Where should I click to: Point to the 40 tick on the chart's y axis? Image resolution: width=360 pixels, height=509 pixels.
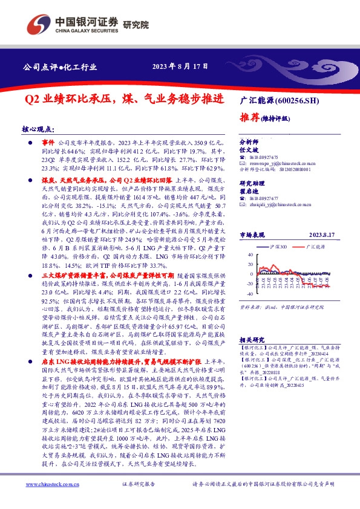tap(249, 255)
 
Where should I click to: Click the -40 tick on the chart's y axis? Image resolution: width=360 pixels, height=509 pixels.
tap(249, 294)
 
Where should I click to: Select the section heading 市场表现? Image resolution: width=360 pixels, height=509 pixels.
tap(252, 235)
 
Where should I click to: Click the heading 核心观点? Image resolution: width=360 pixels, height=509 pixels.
tap(38, 129)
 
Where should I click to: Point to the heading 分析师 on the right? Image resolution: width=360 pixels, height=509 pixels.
tap(249, 140)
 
